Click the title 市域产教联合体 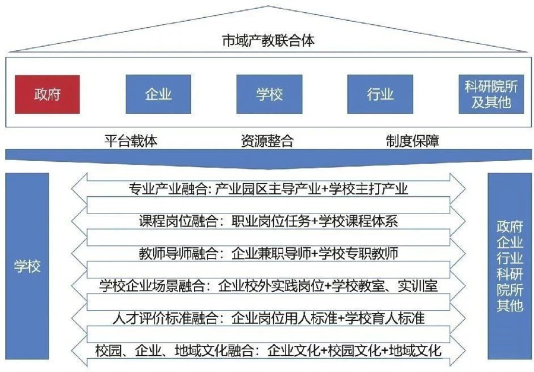tap(268, 41)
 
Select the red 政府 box tap(47, 94)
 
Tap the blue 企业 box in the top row tap(158, 94)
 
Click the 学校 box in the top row tap(269, 94)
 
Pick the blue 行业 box tap(380, 94)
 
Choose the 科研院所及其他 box tap(491, 94)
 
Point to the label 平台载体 tap(131, 141)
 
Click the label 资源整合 tap(267, 141)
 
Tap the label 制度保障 tap(412, 141)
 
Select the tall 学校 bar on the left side tap(27, 266)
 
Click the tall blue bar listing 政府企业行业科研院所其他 tap(509, 266)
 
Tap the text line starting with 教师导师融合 tap(268, 253)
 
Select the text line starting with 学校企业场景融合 tap(268, 286)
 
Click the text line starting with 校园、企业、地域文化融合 tap(268, 351)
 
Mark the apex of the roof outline tap(268, 6)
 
